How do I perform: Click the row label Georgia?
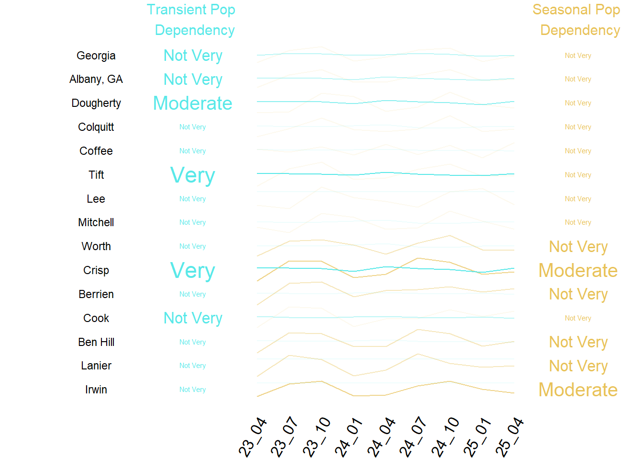tap(96, 56)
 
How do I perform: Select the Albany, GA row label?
tap(96, 79)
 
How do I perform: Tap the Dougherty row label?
tap(96, 103)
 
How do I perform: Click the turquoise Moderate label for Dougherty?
tap(192, 103)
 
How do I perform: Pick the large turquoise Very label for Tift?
tap(192, 175)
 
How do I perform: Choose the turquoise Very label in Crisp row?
tap(192, 271)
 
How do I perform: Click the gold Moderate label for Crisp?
tap(578, 271)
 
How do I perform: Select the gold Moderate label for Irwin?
tap(578, 390)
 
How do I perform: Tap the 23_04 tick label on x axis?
tap(253, 437)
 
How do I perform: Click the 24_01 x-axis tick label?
tap(349, 437)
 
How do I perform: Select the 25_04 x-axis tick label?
tap(510, 437)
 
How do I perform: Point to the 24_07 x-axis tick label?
tap(413, 437)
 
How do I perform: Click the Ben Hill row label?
tap(96, 342)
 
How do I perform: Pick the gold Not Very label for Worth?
tap(578, 247)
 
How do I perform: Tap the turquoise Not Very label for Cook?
tap(192, 318)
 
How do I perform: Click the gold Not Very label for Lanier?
tap(578, 366)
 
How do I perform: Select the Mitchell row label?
tap(96, 222)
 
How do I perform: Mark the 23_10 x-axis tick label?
tap(317, 437)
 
